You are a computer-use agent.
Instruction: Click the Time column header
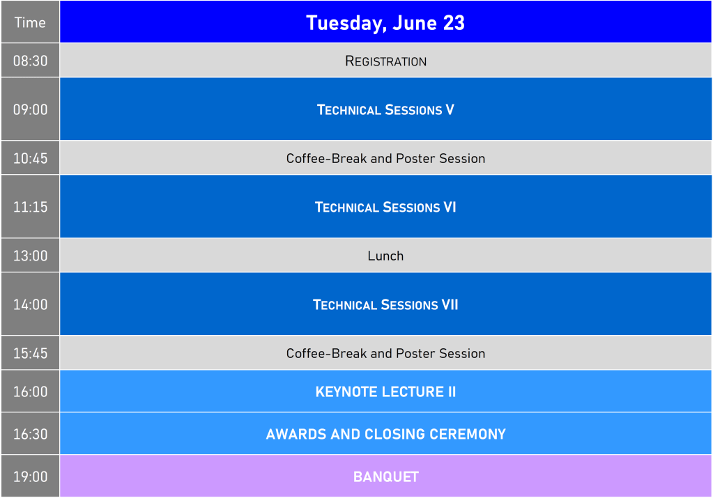[30, 22]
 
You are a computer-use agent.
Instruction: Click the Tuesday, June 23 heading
[385, 23]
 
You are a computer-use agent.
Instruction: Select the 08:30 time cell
[30, 61]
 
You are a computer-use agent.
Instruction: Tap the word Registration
[385, 61]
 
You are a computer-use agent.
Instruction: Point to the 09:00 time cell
[30, 109]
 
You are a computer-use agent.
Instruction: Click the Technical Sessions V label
[385, 109]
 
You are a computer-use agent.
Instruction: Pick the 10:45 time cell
[30, 158]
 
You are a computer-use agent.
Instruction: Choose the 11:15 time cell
[30, 207]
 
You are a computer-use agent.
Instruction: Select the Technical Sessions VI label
[385, 207]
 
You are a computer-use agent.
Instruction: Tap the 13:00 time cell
[30, 256]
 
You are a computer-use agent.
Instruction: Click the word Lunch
[385, 256]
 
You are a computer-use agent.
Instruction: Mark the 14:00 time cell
[30, 304]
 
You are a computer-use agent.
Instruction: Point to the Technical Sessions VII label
[385, 304]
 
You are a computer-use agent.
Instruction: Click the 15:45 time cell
[30, 353]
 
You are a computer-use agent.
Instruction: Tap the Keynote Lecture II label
[385, 391]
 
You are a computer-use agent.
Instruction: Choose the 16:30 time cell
[30, 434]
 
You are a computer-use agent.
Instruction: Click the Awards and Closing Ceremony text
[385, 434]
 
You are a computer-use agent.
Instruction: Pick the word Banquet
[385, 476]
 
